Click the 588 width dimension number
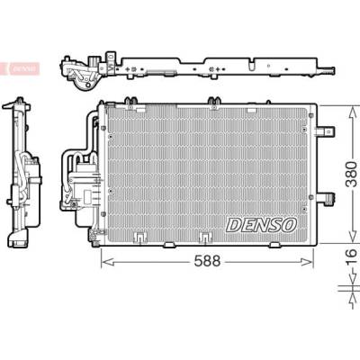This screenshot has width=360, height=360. [x=207, y=261]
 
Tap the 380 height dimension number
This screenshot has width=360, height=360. [x=351, y=174]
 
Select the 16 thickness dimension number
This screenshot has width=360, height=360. [x=351, y=257]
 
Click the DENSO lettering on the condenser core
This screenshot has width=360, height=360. [x=261, y=225]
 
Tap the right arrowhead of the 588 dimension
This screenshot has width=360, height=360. [x=307, y=262]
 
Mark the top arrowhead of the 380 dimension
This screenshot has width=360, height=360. [x=351, y=112]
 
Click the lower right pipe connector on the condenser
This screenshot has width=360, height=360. [x=326, y=198]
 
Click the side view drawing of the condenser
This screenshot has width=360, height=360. [x=22, y=172]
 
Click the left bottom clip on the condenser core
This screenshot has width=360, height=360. [x=139, y=238]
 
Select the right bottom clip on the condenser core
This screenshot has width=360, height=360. [x=205, y=238]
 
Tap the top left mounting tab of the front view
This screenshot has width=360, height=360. [x=132, y=102]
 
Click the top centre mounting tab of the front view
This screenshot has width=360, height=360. [x=213, y=102]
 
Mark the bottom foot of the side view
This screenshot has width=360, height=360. [x=18, y=241]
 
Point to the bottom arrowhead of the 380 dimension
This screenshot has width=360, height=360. [x=351, y=236]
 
